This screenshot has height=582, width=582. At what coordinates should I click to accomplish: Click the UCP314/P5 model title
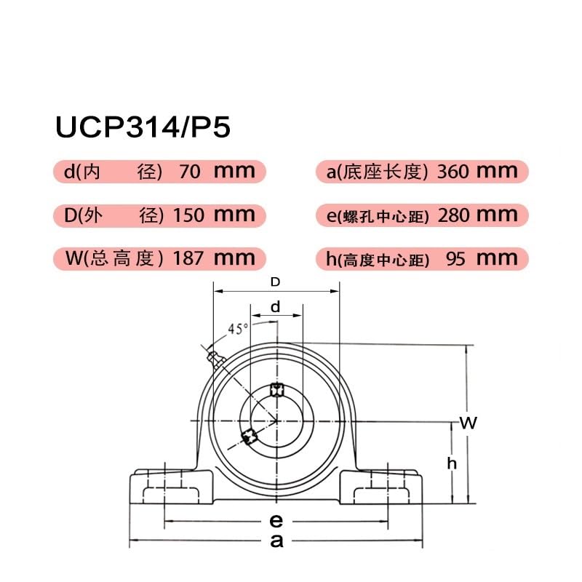[143, 128]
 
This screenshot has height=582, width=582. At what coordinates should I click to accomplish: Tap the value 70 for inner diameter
[189, 172]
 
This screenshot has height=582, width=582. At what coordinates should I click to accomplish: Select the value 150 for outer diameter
[185, 215]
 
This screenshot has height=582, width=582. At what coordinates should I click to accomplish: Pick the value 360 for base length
[453, 172]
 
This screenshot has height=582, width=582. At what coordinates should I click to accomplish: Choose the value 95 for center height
[455, 258]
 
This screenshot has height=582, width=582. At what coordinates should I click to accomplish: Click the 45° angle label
[238, 329]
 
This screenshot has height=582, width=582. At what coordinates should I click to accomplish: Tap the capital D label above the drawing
[275, 282]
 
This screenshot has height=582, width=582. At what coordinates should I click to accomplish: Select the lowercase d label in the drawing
[275, 307]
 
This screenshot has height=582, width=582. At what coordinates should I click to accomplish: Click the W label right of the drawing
[469, 423]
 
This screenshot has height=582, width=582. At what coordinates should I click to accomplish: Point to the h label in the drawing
[452, 463]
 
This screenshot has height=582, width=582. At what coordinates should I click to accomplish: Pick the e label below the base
[276, 521]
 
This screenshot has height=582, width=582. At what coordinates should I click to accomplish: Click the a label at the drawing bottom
[276, 541]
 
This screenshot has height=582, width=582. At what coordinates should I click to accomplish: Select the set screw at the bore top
[276, 388]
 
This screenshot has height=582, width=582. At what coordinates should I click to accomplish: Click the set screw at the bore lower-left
[249, 436]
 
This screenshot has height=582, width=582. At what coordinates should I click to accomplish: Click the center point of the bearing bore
[276, 420]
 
